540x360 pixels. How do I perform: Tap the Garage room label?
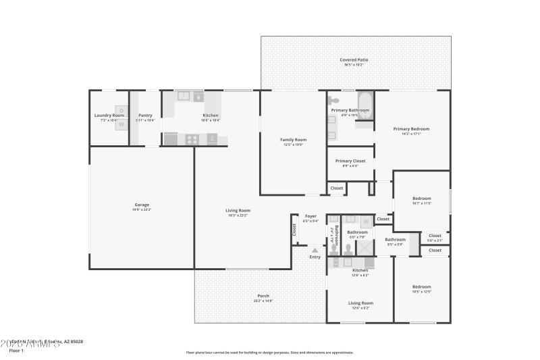point(142,205)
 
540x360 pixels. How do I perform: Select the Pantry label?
point(145,115)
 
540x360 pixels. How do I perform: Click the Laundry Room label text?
point(109,115)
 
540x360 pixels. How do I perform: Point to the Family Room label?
point(293,140)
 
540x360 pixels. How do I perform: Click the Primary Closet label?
point(350,161)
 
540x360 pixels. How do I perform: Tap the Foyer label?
point(310,216)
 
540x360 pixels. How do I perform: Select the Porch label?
point(263,297)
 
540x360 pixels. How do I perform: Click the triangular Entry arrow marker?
point(315,251)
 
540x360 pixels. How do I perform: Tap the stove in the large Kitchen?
point(192,139)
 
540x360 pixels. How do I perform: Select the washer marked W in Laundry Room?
point(122,124)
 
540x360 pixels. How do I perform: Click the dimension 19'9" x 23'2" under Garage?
point(142,209)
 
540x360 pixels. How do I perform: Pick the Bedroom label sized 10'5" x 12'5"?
point(421,286)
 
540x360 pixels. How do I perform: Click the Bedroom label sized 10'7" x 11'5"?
point(421,199)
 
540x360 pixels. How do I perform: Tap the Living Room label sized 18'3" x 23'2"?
point(238,210)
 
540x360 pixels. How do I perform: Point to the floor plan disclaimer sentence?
point(269,352)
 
